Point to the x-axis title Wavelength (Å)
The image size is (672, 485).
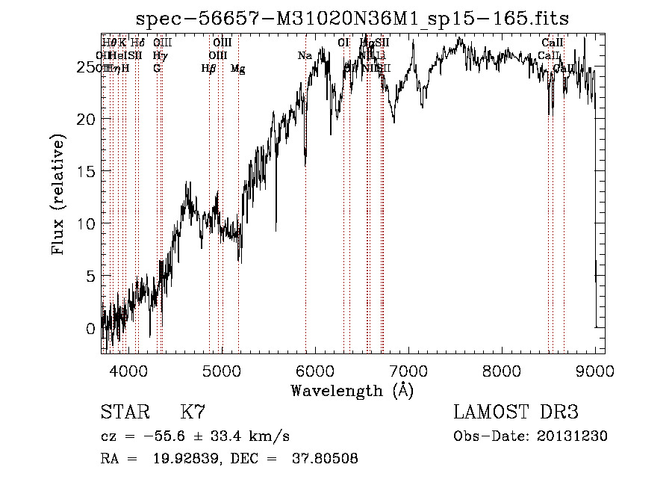pyautogui.click(x=352, y=390)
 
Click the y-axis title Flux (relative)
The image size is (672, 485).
pyautogui.click(x=59, y=194)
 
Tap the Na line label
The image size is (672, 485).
pyautogui.click(x=305, y=55)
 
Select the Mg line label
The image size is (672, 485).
pyautogui.click(x=237, y=68)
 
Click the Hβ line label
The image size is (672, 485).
pyautogui.click(x=208, y=68)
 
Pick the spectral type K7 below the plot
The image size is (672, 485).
pyautogui.click(x=193, y=413)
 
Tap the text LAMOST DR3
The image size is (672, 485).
pyautogui.click(x=515, y=413)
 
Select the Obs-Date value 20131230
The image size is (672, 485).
pyautogui.click(x=573, y=436)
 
